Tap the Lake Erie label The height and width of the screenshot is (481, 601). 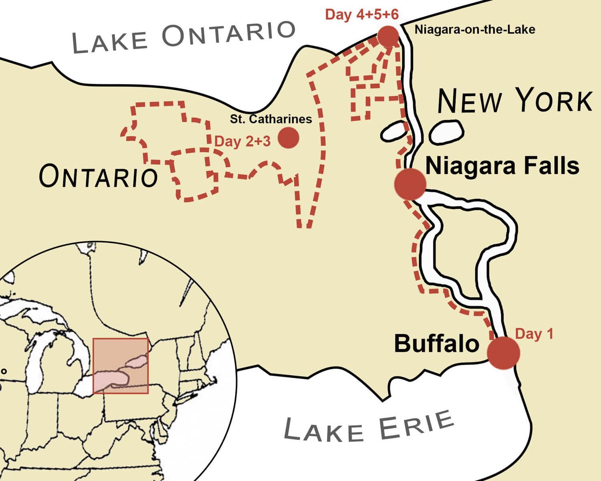(369, 427)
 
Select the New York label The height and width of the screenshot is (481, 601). (514, 101)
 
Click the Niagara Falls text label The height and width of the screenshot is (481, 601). (502, 166)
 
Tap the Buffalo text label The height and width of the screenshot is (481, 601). (436, 344)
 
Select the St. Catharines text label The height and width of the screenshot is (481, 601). (271, 119)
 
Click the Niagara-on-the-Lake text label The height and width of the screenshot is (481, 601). (474, 29)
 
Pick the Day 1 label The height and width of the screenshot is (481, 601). (534, 334)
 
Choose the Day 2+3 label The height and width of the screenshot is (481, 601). (243, 141)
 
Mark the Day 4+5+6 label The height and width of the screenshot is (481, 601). (362, 15)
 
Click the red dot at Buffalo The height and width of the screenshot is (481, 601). (503, 353)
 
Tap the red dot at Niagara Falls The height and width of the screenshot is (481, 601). (409, 184)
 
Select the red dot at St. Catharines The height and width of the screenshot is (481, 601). (288, 138)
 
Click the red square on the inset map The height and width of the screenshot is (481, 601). (121, 366)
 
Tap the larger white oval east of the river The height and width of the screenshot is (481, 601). (446, 131)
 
